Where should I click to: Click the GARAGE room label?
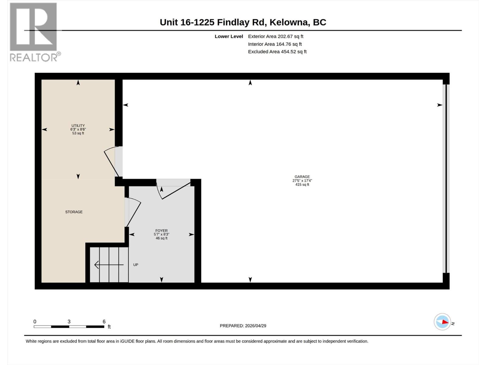coord(302,177)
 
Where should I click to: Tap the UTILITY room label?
coord(78,126)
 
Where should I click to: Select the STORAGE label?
coord(74,212)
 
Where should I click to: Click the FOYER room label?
coord(161,231)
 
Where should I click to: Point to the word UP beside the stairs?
coord(136,265)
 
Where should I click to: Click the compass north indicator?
coord(443,322)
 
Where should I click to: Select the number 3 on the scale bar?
coord(69,322)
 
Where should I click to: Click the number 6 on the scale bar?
coord(104,322)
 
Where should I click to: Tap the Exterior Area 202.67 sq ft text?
coord(276,36)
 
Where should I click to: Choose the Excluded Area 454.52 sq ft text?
coord(277,52)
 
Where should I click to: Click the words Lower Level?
coord(229,36)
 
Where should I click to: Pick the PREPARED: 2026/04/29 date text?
coord(243,326)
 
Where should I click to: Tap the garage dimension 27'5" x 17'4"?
coord(302,181)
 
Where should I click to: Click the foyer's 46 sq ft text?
coord(161,238)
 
